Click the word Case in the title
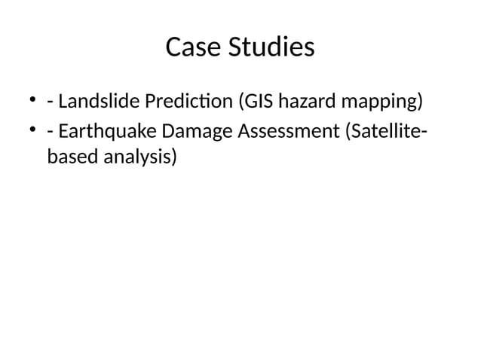click(189, 47)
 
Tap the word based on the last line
click(69, 158)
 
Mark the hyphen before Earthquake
click(50, 133)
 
